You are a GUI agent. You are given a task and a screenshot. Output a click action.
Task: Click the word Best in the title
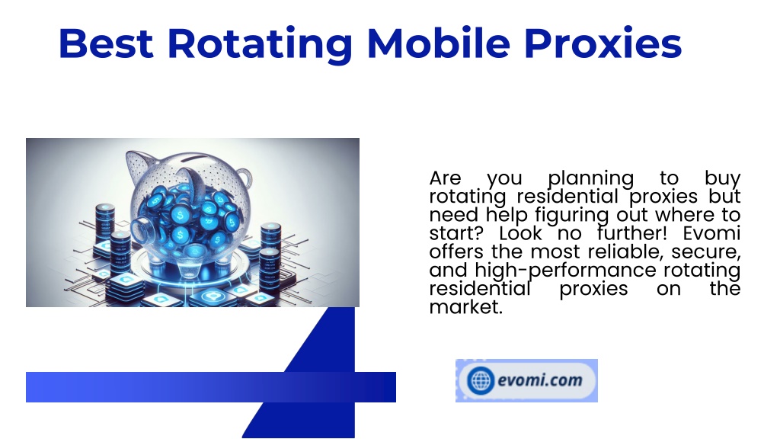click(x=106, y=43)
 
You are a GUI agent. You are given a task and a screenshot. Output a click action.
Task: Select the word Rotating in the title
click(x=260, y=45)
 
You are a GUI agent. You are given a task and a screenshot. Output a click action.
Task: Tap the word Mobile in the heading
click(x=438, y=43)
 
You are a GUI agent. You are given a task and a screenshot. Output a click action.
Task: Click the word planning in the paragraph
click(x=590, y=178)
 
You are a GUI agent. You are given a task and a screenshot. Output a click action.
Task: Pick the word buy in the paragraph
click(x=722, y=178)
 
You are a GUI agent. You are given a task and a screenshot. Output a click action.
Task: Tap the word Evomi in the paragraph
click(x=711, y=233)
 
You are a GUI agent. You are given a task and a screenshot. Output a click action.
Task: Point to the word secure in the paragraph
click(x=706, y=252)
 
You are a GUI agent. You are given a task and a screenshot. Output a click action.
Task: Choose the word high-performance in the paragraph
click(x=566, y=271)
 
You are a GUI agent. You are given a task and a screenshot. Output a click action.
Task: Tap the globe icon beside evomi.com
click(x=481, y=381)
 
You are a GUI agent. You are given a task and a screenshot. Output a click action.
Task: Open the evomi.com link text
click(x=540, y=381)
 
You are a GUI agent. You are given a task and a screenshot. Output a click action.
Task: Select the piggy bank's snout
click(x=144, y=227)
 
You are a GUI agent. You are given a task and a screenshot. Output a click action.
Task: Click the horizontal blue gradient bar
click(x=211, y=386)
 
